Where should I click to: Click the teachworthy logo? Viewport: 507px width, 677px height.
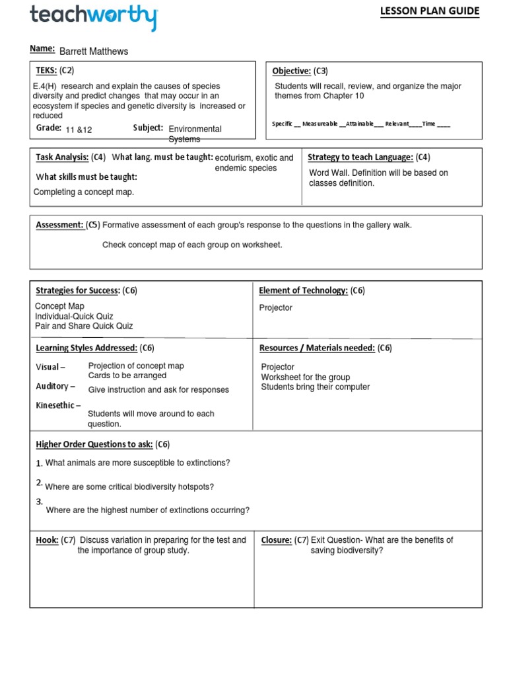pyautogui.click(x=94, y=17)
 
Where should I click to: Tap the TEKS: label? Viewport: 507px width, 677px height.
pyautogui.click(x=46, y=70)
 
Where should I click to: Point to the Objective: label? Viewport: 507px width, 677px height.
pyautogui.click(x=291, y=71)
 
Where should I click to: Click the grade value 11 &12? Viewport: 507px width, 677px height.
pyautogui.click(x=79, y=130)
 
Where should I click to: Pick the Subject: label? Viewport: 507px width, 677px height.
pyautogui.click(x=148, y=128)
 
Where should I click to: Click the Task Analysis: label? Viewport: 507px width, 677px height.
pyautogui.click(x=62, y=157)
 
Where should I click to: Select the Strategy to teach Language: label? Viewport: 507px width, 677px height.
pyautogui.click(x=360, y=157)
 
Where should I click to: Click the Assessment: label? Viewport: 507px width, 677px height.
pyautogui.click(x=59, y=225)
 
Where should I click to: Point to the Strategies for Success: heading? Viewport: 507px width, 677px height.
pyautogui.click(x=77, y=290)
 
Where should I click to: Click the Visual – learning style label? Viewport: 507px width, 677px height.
pyautogui.click(x=50, y=367)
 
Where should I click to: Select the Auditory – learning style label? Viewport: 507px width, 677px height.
pyautogui.click(x=55, y=386)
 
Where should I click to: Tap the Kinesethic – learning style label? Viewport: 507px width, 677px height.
pyautogui.click(x=58, y=405)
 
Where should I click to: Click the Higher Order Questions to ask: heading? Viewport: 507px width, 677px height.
pyautogui.click(x=94, y=444)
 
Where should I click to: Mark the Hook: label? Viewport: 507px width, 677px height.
pyautogui.click(x=47, y=540)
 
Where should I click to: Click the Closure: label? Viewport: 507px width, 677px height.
pyautogui.click(x=277, y=540)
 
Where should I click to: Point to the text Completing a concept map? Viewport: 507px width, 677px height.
pyautogui.click(x=83, y=192)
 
